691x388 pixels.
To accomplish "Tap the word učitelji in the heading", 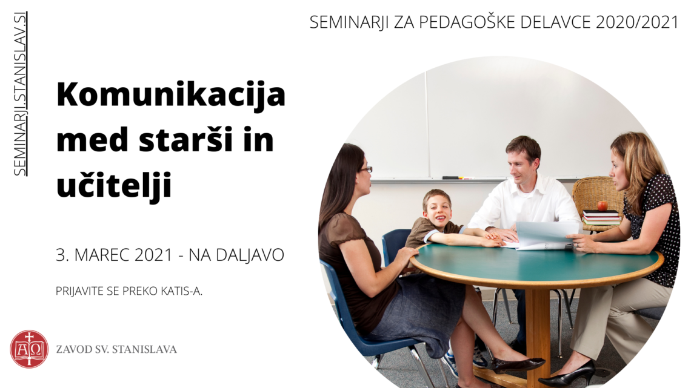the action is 114,186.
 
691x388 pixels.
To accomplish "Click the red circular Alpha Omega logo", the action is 29,349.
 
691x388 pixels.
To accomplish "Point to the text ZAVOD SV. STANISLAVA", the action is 116,349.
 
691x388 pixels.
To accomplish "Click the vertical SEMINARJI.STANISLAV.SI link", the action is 20,94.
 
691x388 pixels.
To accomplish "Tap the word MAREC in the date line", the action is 102,255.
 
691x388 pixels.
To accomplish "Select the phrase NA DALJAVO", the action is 236,255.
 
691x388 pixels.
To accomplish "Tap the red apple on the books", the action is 602,205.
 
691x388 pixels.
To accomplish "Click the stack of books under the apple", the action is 601,217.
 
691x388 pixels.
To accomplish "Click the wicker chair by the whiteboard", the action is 596,202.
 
